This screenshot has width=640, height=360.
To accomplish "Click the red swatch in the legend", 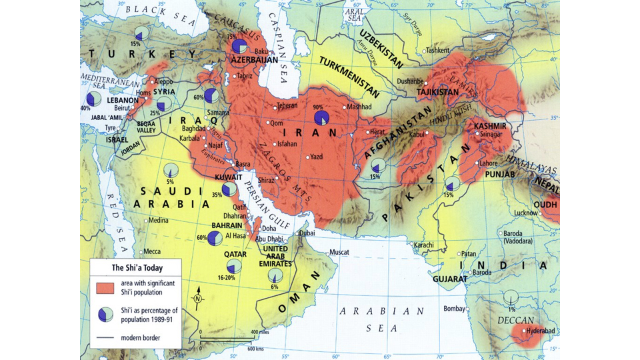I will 106,287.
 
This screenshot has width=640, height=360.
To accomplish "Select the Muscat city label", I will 339,252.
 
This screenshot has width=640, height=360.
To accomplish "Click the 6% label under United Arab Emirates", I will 275,286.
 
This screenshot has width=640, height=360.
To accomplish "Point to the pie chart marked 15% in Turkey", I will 141,34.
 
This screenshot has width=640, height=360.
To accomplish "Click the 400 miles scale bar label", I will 259,331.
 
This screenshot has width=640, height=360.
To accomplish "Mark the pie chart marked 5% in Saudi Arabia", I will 171,171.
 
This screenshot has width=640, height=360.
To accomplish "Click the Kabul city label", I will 416,135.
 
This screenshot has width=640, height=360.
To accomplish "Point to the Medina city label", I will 158,220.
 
